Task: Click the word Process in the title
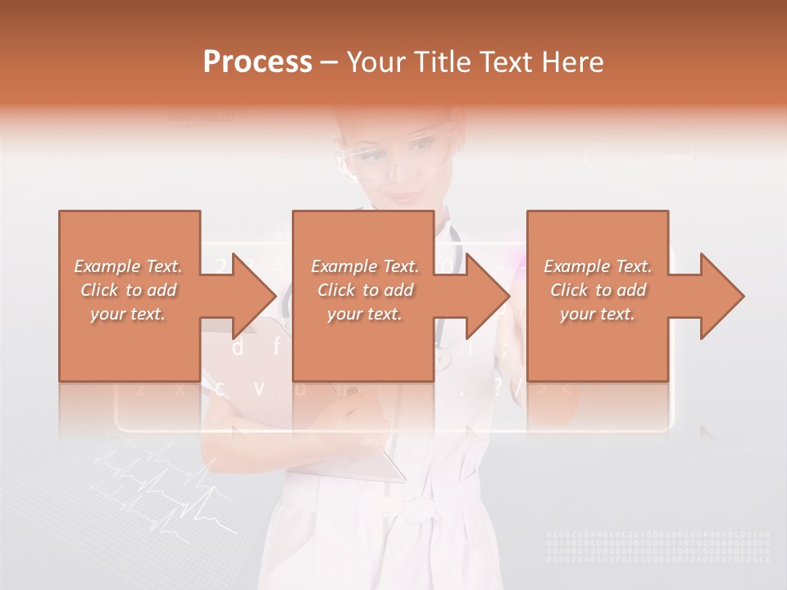(257, 62)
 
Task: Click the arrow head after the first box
(253, 296)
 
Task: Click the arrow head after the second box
(487, 296)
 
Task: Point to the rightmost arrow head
(721, 296)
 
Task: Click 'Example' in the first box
(107, 266)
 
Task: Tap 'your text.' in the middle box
(364, 314)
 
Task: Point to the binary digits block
(658, 547)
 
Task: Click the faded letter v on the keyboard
(259, 388)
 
